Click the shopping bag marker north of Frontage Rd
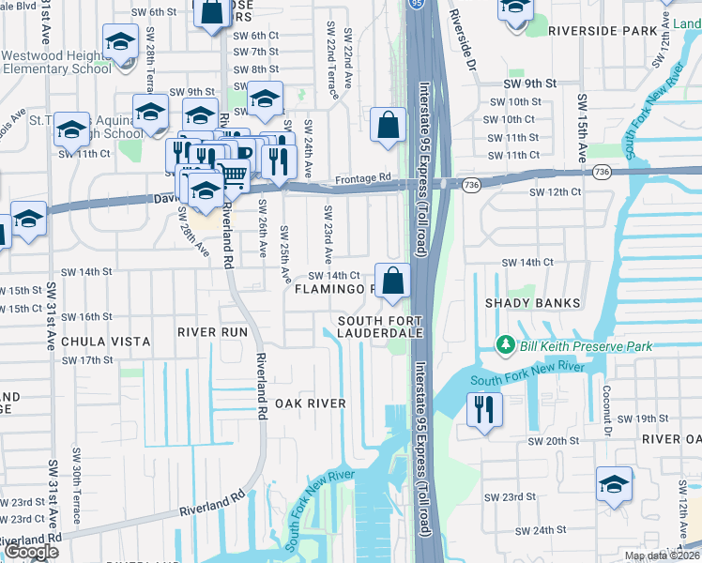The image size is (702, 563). click(389, 125)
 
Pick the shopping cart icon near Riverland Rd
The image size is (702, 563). click(233, 173)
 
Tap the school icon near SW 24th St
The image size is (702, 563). click(614, 486)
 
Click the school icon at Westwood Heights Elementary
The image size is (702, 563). click(119, 42)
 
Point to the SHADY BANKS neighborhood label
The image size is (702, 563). click(531, 303)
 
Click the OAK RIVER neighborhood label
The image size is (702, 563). click(310, 403)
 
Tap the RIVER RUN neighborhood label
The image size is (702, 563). click(212, 332)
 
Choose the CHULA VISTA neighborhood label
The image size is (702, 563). click(93, 342)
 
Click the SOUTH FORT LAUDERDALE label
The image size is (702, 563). click(381, 327)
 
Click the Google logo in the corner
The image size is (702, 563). click(31, 551)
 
